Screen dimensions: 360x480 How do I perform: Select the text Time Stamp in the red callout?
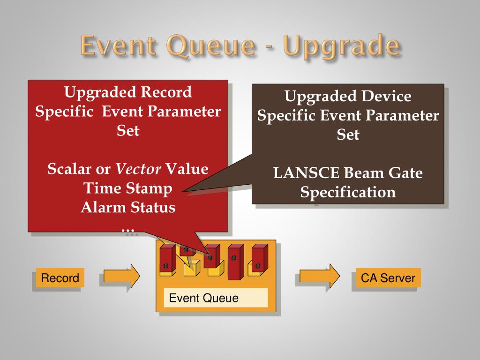point(128,188)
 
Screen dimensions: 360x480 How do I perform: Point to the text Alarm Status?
point(128,207)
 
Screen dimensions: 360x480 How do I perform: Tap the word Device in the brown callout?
point(385,97)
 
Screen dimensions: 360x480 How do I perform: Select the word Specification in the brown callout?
point(348,193)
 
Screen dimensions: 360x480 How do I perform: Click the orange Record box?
point(60,278)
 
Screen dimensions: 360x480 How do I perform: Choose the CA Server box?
point(388,278)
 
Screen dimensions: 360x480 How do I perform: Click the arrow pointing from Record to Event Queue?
point(121,276)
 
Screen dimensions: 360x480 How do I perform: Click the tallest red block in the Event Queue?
point(235,262)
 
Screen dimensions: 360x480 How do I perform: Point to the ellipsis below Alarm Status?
point(128,230)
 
